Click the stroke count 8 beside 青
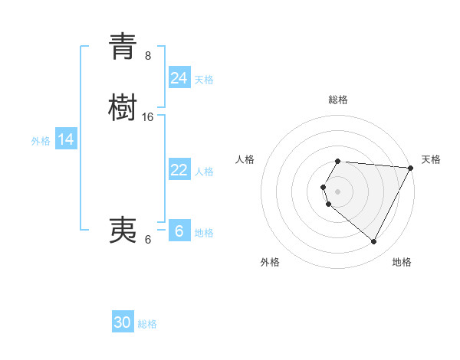point(148,56)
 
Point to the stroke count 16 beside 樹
point(148,117)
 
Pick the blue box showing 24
point(179,78)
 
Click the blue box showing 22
point(179,170)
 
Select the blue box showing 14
point(66,139)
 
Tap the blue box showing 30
point(123,322)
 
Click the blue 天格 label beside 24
point(203,79)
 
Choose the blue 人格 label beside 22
point(205,172)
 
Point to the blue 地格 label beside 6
point(204,233)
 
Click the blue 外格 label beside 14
point(41,141)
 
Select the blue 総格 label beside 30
point(147,324)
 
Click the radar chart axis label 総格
point(338,100)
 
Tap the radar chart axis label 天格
point(431,159)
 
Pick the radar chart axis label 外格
point(270,262)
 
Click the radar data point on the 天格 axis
point(411,168)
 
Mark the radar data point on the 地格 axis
point(374,242)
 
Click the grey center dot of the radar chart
point(337,191)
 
